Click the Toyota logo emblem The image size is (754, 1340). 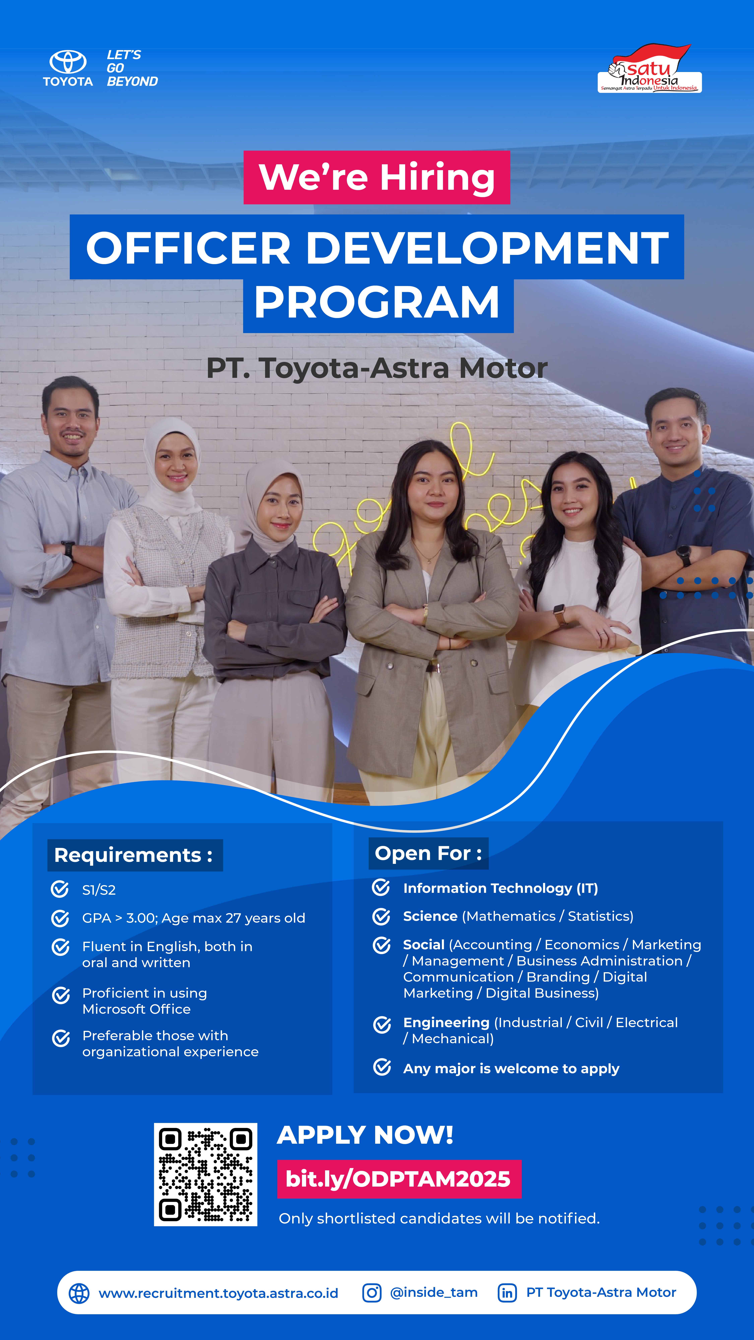point(68,62)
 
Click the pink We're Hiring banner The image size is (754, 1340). point(377,177)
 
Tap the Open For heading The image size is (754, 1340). point(428,853)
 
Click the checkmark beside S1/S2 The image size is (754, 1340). point(60,889)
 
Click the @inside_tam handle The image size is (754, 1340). point(434,1293)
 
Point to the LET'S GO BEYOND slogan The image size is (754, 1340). point(132,68)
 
